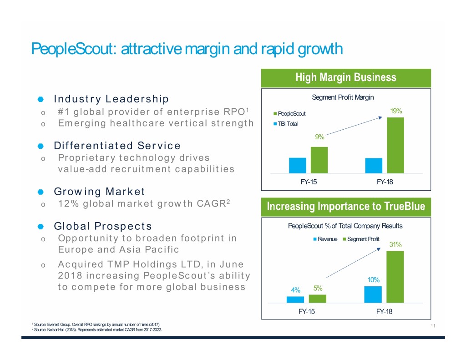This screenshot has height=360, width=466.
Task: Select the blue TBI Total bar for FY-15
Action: point(297,165)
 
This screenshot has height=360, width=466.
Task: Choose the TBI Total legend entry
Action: point(287,123)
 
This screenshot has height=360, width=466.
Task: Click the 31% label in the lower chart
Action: point(395,245)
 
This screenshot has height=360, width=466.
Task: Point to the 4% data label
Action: point(296,290)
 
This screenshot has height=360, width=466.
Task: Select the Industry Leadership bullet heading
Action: point(111,99)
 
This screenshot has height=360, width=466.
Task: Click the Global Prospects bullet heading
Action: point(103,226)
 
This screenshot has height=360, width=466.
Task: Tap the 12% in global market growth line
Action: point(68,203)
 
